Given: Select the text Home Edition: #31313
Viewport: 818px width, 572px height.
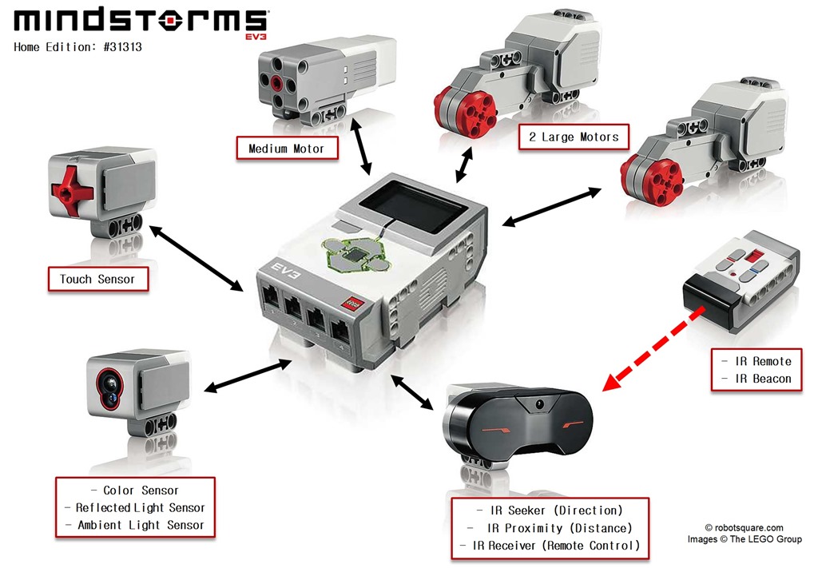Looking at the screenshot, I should (x=77, y=47).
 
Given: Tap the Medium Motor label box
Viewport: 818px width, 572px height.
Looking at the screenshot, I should (x=286, y=149).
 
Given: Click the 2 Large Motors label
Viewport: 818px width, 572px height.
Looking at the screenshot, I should (x=574, y=137).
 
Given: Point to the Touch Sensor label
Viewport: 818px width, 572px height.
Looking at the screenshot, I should (x=97, y=279).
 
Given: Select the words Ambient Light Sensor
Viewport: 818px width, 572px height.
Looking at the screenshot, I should (x=141, y=525).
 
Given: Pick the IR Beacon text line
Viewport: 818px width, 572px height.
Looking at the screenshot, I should (x=756, y=379).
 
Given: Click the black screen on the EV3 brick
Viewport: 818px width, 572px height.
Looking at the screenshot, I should (x=416, y=207).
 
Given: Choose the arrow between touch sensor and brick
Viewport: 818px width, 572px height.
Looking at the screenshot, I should (x=197, y=258).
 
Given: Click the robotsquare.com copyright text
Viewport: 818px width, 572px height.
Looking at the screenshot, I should (x=744, y=527).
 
